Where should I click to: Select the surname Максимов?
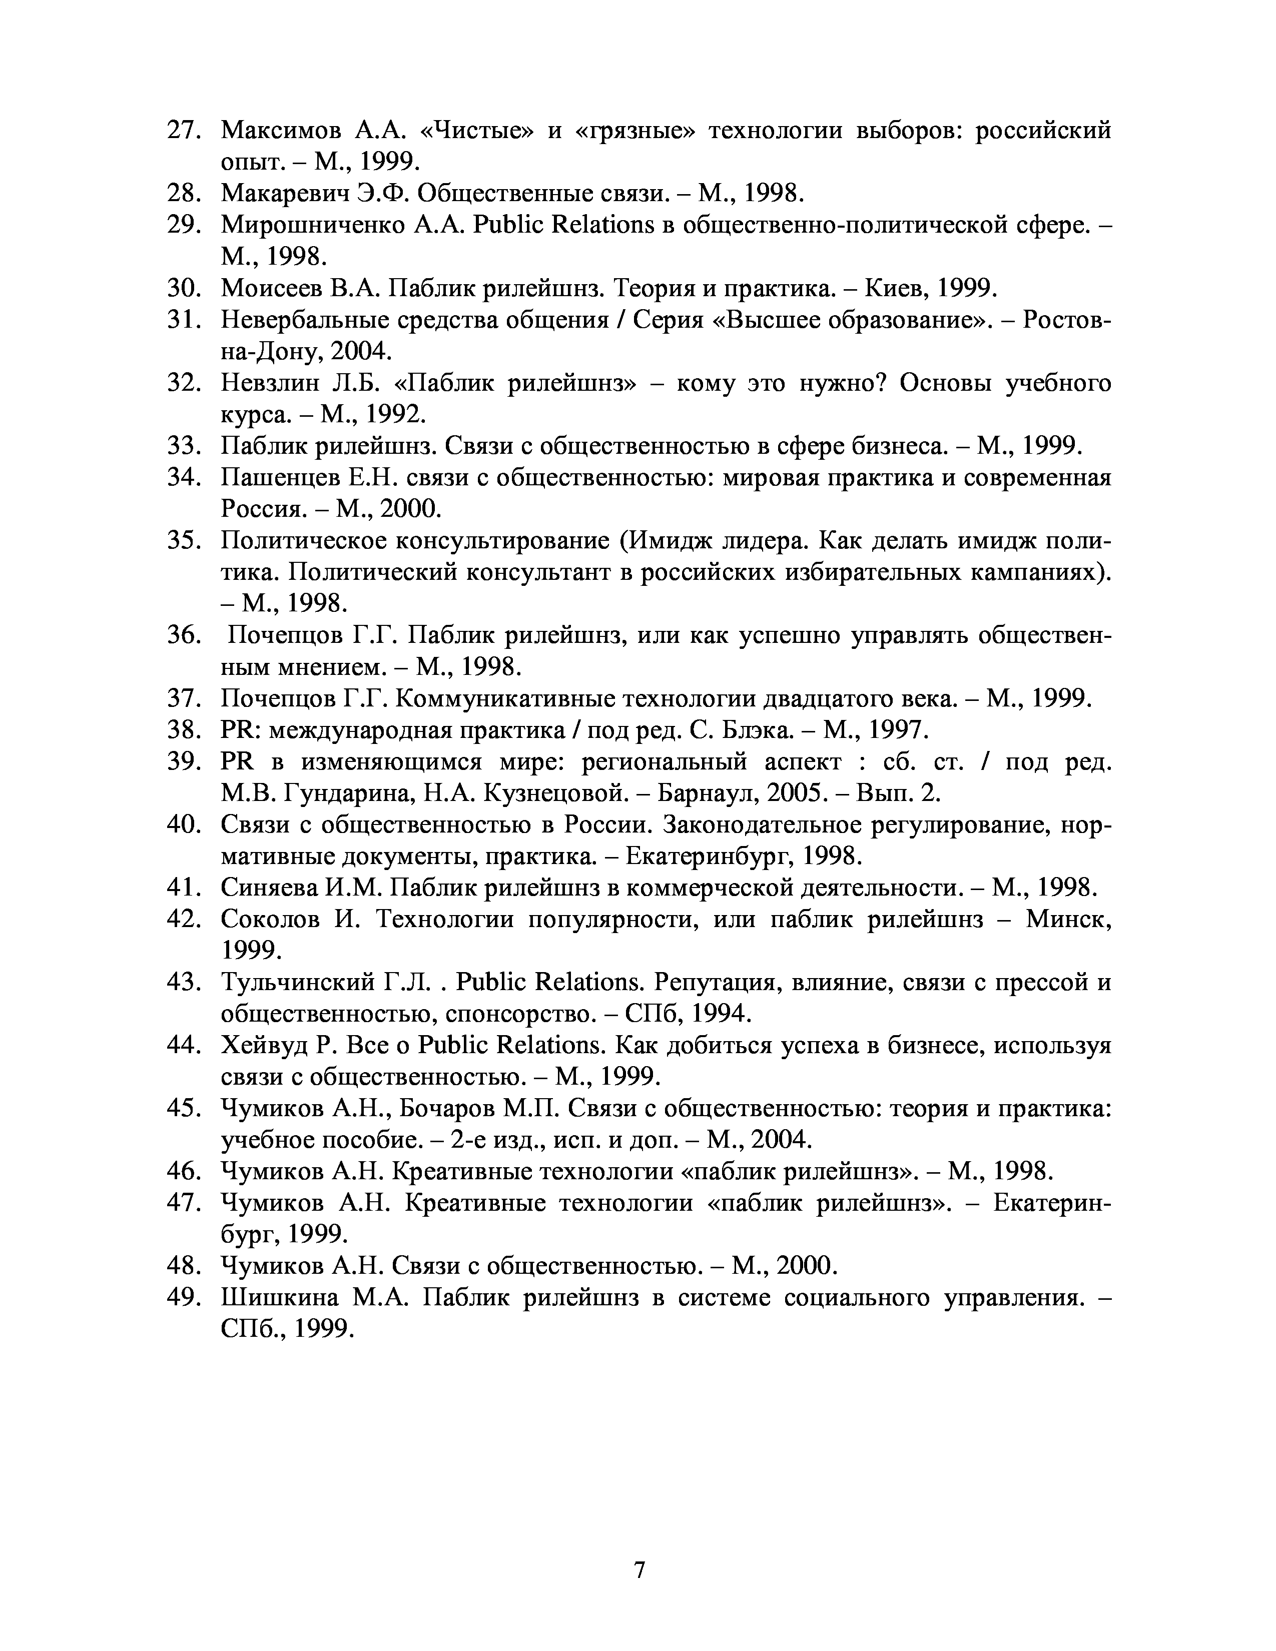click(x=281, y=131)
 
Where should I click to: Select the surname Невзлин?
click(x=271, y=384)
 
